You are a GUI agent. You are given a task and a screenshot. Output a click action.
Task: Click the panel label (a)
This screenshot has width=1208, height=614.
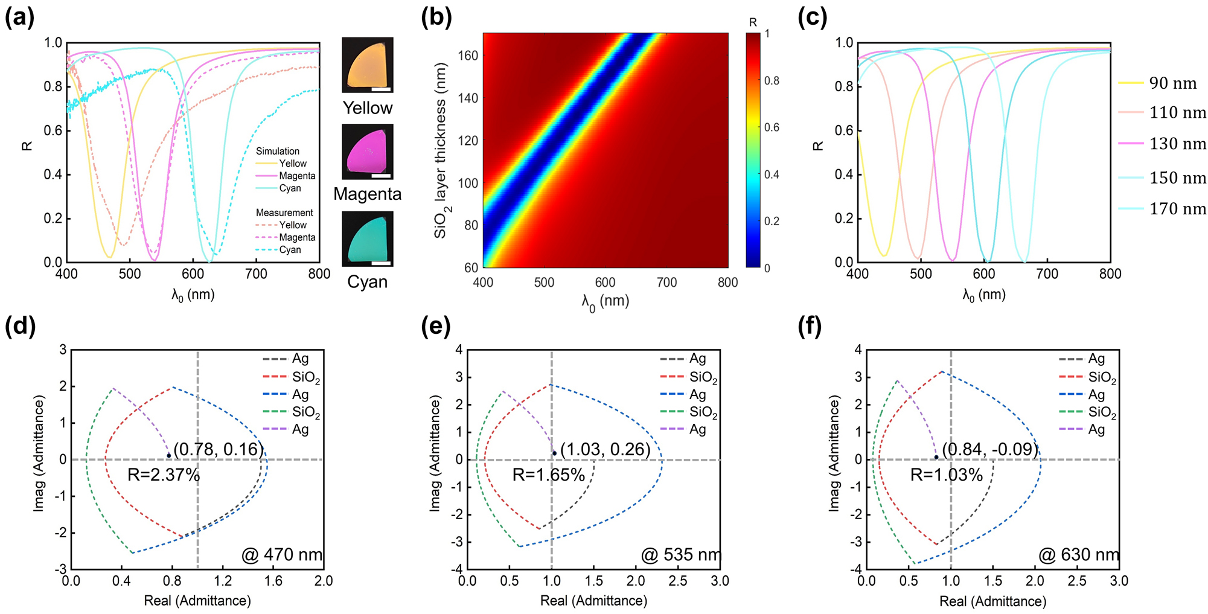[x=19, y=18]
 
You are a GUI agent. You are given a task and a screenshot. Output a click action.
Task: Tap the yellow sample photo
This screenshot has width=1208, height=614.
[x=367, y=65]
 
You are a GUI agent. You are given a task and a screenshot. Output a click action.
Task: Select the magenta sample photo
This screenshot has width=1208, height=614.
[x=367, y=152]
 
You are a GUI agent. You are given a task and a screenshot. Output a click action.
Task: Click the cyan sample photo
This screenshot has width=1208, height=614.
[x=367, y=238]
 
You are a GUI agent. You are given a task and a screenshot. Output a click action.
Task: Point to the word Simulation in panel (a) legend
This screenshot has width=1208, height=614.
[x=277, y=151]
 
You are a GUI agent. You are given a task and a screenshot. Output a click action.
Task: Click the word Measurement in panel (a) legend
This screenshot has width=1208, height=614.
[x=284, y=213]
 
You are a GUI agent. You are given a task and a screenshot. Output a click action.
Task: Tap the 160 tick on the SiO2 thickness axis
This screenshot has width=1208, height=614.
[x=468, y=56]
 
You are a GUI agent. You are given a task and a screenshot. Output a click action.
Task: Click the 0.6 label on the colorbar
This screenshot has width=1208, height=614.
[x=772, y=127]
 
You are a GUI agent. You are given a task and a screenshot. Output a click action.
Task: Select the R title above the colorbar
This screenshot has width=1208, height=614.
[x=753, y=22]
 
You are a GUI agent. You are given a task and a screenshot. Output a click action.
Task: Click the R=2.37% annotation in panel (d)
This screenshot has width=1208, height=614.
[x=164, y=475]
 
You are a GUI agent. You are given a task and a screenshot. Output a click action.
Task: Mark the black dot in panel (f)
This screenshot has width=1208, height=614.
[x=936, y=457]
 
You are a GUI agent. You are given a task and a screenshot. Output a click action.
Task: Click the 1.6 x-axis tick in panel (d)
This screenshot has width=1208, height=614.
[x=273, y=581]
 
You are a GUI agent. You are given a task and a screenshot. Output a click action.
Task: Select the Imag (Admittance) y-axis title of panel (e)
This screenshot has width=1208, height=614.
[x=435, y=453]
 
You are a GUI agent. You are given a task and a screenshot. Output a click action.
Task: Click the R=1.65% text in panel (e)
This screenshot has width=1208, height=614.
[x=549, y=475]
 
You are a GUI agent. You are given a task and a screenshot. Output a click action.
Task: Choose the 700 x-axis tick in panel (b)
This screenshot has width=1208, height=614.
[x=666, y=282]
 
